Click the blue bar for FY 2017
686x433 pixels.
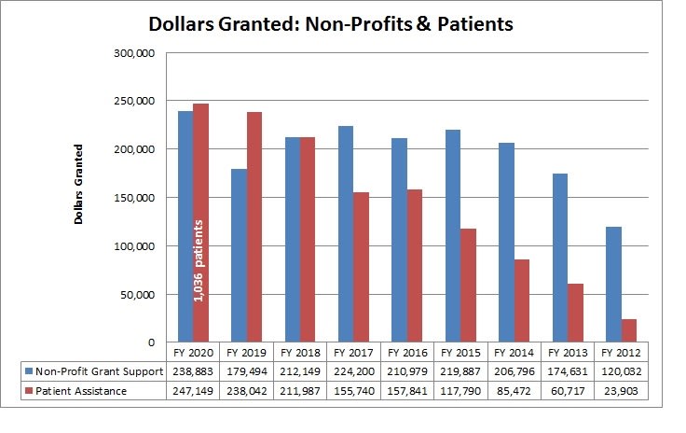point(346,234)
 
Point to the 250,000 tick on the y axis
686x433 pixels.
point(136,101)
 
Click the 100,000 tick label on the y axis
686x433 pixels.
point(136,246)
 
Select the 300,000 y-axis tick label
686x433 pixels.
point(136,53)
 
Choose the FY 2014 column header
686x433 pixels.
point(514,354)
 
